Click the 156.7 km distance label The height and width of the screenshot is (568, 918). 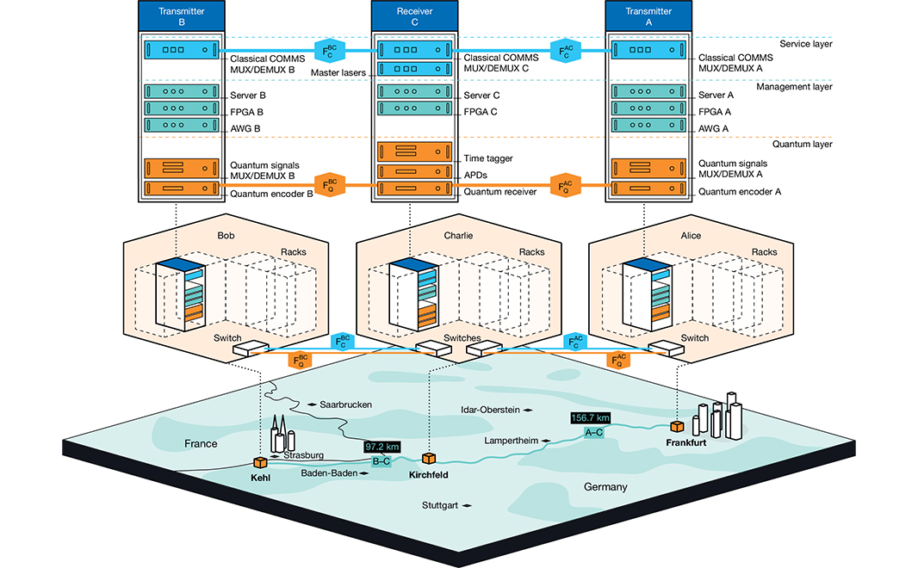coord(591,417)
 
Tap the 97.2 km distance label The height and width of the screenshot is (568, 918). coord(382,447)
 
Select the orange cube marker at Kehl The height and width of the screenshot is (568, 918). coord(260,463)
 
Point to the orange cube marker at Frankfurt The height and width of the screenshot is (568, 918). coord(678,426)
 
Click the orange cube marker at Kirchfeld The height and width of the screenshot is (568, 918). coord(429,458)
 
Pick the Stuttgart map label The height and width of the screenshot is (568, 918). coord(440,505)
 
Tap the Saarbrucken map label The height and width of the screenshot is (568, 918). coord(345,404)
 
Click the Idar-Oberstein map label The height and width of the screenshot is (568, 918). coord(490,410)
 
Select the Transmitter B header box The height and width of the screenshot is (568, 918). coord(182,15)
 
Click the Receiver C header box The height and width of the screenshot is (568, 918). coord(414,15)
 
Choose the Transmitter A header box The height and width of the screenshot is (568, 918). coord(648,15)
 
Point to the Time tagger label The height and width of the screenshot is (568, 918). coord(488,158)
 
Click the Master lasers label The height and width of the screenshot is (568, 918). coord(338,72)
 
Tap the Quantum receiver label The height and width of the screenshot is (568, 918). coord(500,191)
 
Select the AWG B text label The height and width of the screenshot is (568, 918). coord(245,128)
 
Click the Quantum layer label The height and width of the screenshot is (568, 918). coord(802,144)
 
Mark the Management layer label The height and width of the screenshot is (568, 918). coord(795,87)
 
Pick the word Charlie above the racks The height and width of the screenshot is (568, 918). coord(458,235)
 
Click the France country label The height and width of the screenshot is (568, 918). coord(201,443)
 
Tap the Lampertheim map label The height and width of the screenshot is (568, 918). coord(512,441)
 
